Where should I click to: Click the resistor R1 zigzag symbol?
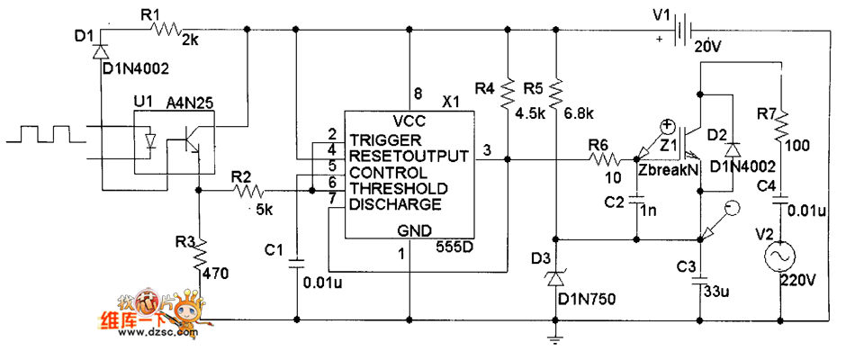[x=168, y=30]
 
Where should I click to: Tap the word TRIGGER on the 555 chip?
[x=384, y=140]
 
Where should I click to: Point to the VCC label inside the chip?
[x=409, y=121]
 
